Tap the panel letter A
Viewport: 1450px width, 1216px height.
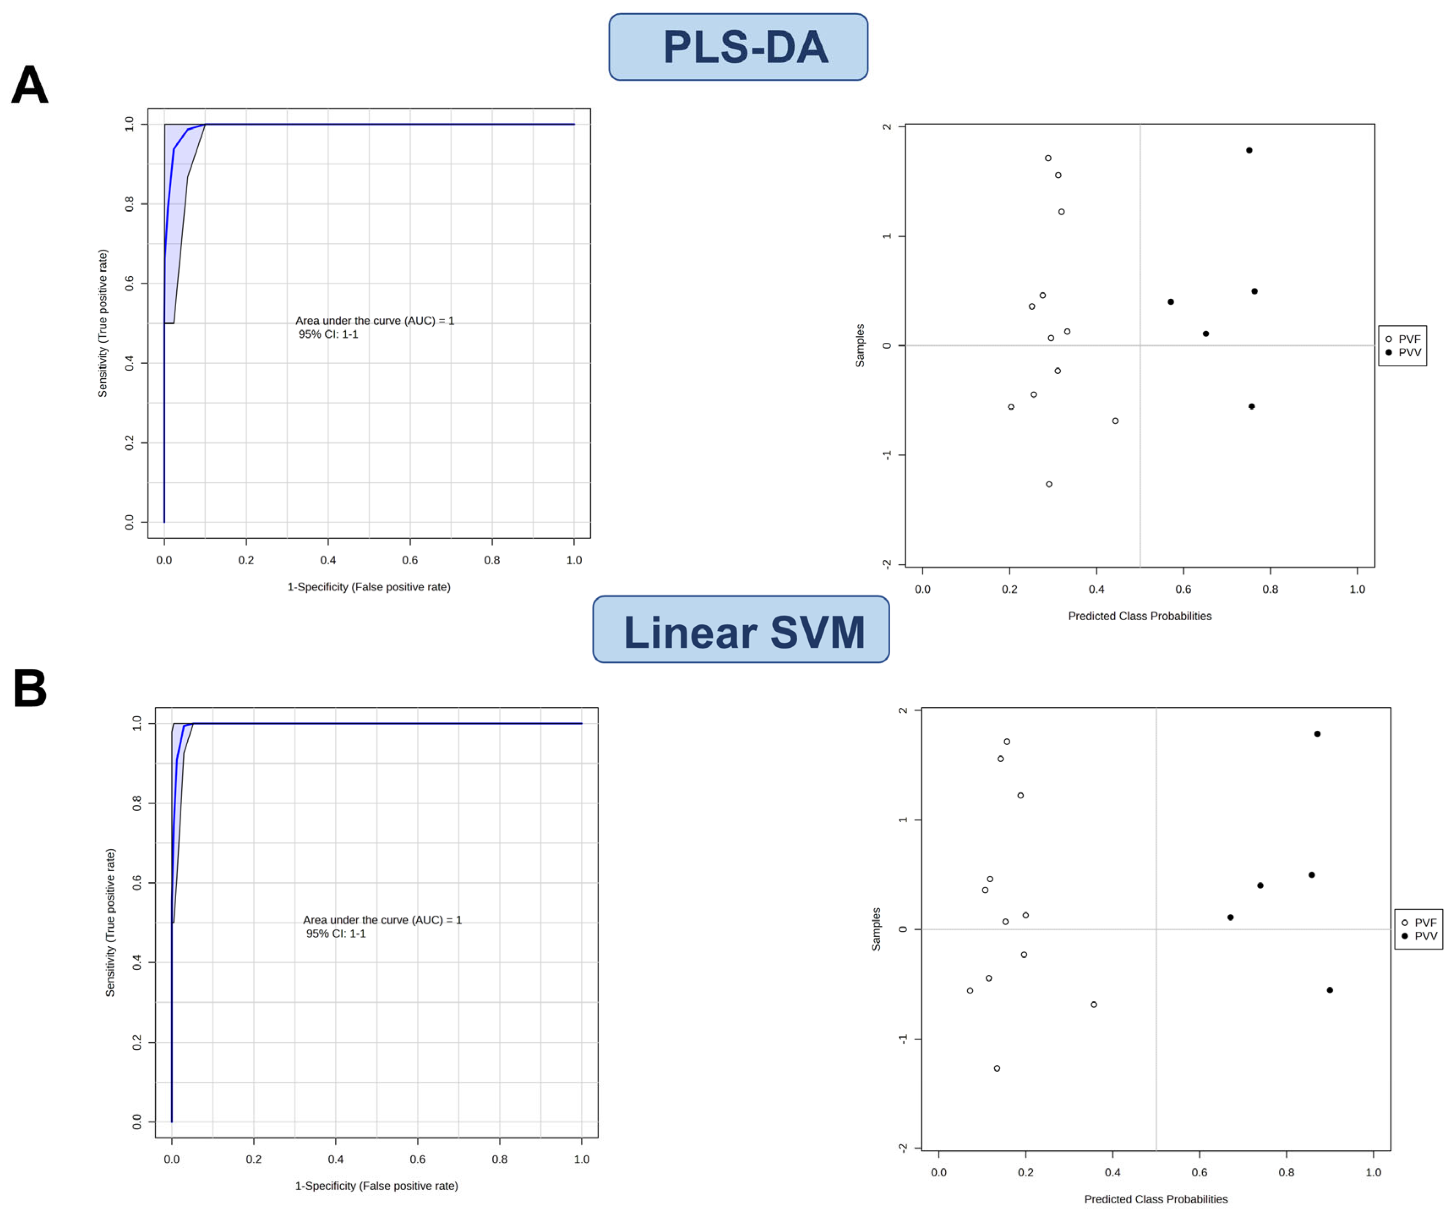(x=30, y=85)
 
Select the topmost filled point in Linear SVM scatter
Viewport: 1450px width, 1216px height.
(x=1317, y=734)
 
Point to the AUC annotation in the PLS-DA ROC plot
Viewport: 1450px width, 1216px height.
(x=374, y=321)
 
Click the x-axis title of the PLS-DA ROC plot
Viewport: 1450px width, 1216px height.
(x=369, y=586)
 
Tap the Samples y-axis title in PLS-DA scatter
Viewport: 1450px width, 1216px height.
(x=860, y=345)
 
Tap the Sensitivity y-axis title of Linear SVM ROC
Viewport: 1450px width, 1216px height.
(x=110, y=922)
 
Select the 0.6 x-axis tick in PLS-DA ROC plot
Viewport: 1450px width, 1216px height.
(x=410, y=560)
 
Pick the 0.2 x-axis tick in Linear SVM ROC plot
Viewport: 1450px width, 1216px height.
(x=253, y=1158)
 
